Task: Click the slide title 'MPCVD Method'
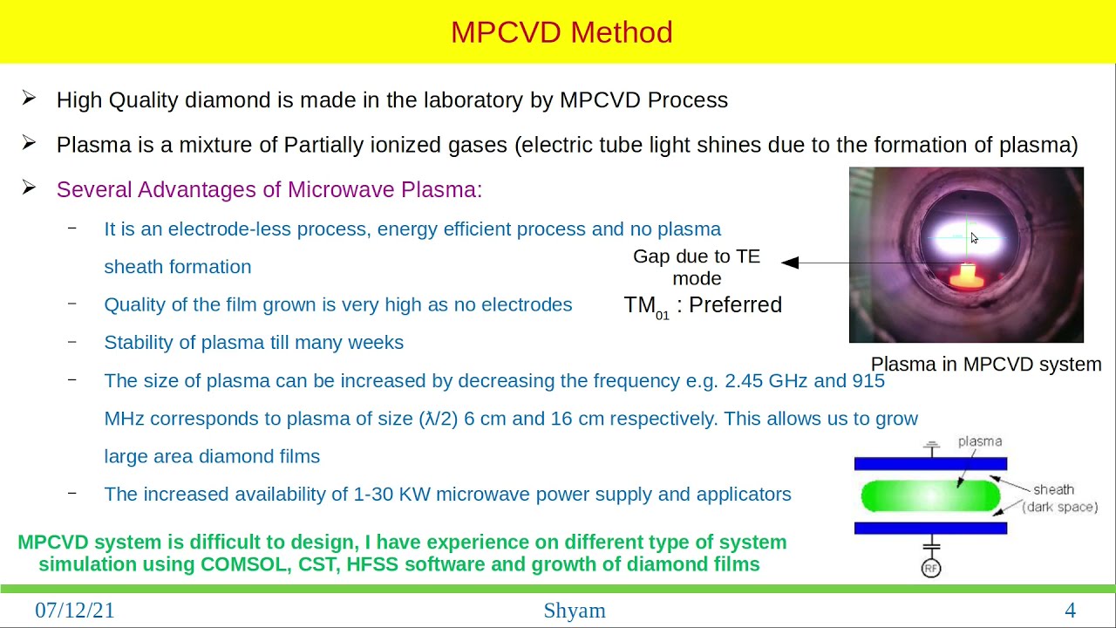click(561, 32)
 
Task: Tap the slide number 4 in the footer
click(1070, 611)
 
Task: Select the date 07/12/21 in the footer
click(75, 611)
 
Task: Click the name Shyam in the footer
click(574, 611)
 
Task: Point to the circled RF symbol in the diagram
click(931, 569)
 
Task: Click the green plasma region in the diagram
click(929, 495)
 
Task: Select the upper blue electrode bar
click(930, 464)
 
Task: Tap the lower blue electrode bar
click(930, 528)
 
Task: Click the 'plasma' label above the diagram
click(980, 441)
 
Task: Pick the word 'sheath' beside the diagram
click(1053, 489)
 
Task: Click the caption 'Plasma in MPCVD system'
click(986, 365)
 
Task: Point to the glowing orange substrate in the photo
click(965, 276)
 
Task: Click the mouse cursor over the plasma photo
click(974, 238)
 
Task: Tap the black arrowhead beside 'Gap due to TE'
click(790, 263)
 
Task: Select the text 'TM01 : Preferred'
click(703, 305)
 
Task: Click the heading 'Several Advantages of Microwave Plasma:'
click(269, 189)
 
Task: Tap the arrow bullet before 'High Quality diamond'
click(29, 99)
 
